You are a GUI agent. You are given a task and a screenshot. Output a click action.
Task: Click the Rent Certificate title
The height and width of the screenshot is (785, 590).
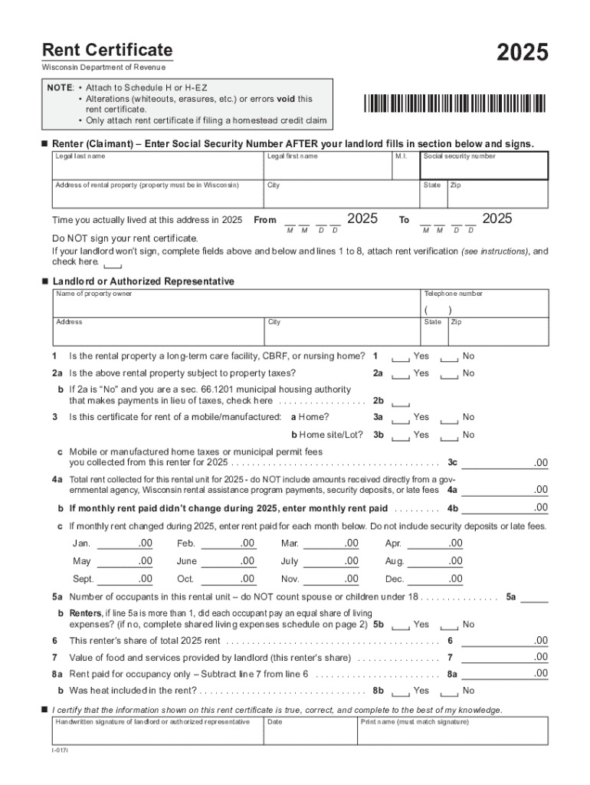click(107, 51)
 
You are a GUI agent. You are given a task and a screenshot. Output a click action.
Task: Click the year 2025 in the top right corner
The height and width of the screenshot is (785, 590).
click(522, 53)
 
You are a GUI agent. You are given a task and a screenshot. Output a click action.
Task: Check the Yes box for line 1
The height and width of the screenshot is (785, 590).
click(400, 357)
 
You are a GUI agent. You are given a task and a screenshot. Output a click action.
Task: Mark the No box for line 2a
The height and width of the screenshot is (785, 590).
click(450, 374)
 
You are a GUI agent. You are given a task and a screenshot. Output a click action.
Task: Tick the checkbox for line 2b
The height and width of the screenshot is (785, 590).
click(400, 402)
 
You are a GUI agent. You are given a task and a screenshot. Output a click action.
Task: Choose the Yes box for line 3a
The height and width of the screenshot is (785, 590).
click(400, 418)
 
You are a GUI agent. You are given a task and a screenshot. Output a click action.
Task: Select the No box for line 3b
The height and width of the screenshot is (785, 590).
click(450, 435)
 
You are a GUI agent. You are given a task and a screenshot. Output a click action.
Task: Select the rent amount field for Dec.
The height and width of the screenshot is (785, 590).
click(436, 579)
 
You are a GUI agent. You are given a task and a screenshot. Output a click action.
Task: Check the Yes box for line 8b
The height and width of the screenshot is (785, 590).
click(400, 691)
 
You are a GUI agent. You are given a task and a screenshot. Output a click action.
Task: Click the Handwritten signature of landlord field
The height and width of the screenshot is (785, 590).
click(157, 732)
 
